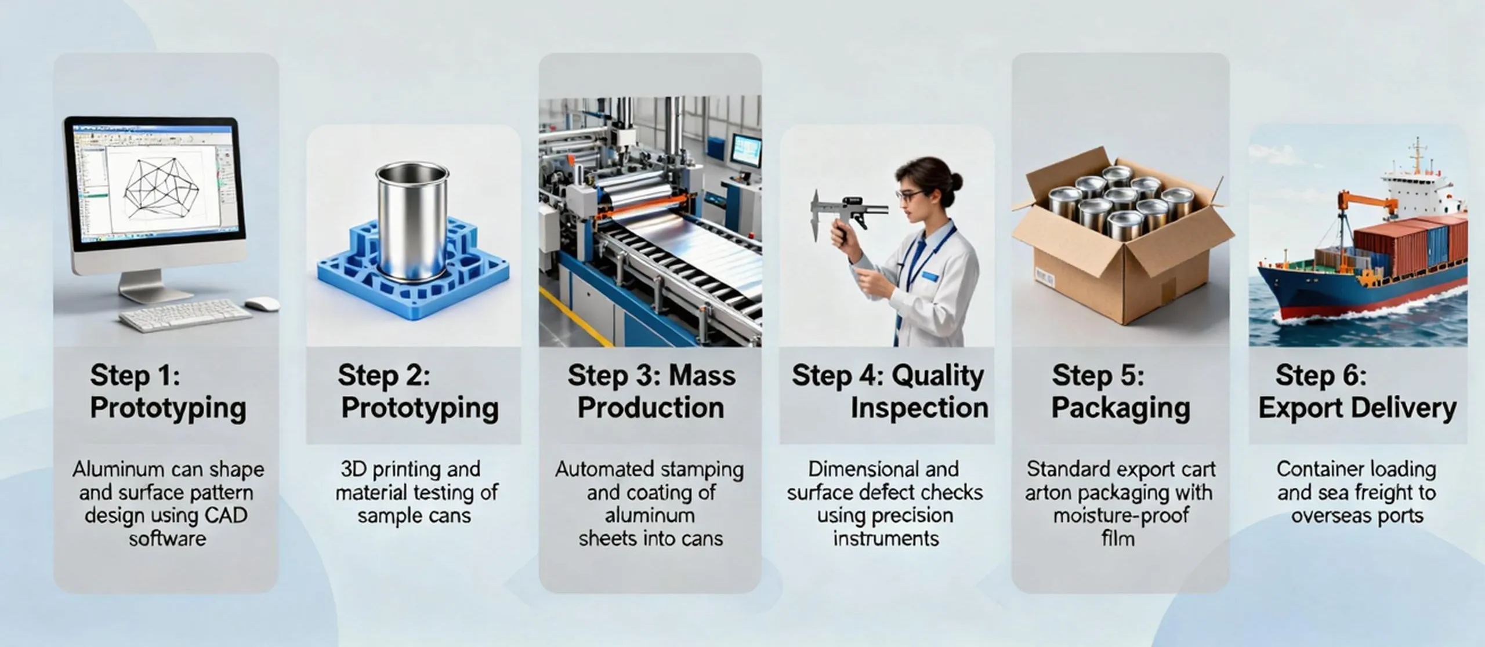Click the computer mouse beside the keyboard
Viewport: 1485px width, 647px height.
coord(262,304)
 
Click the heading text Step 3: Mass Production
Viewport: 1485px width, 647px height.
coord(651,391)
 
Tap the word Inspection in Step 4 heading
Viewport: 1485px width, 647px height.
coord(919,408)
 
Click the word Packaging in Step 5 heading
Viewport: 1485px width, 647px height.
coord(1120,408)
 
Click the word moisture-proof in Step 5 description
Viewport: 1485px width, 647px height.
coord(1121,515)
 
